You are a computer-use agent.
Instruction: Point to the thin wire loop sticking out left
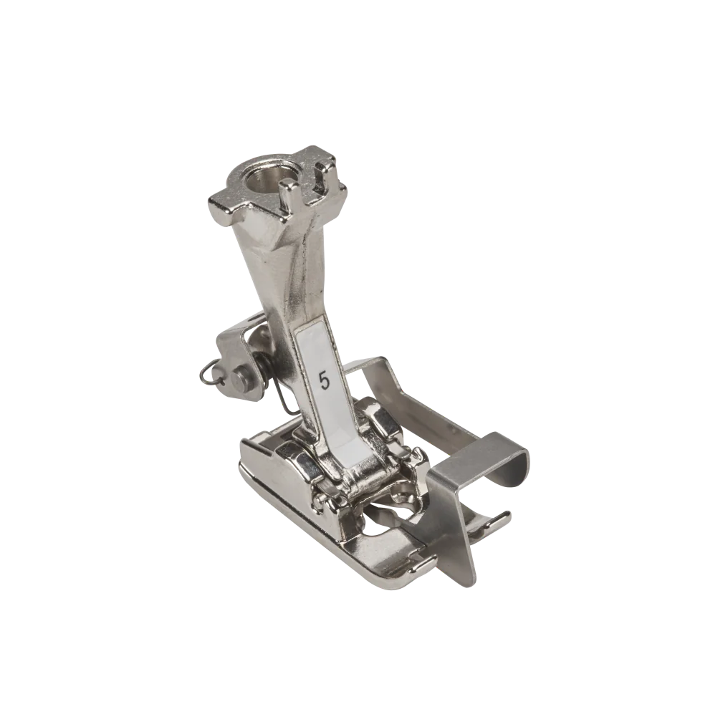pyautogui.click(x=203, y=372)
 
